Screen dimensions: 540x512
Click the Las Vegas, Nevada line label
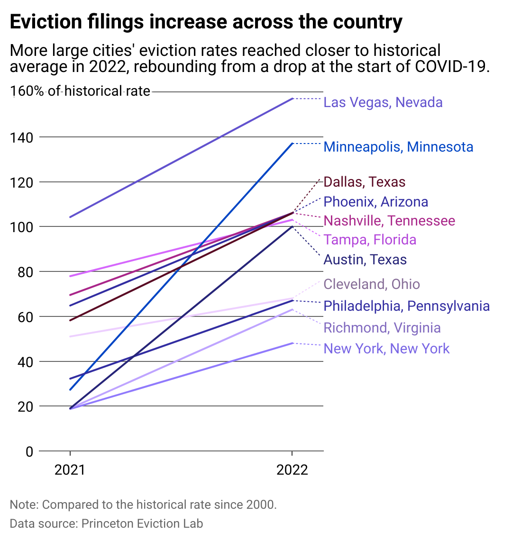[383, 102]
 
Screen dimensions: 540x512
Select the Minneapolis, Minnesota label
[398, 147]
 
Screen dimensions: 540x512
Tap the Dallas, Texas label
[364, 182]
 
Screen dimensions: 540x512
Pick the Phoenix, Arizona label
[375, 202]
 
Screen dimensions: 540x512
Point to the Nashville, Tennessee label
[389, 221]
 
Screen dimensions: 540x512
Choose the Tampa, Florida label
[370, 240]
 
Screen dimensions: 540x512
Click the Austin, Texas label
[365, 260]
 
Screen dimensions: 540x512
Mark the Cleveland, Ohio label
[372, 284]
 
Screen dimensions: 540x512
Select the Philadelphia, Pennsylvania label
[406, 306]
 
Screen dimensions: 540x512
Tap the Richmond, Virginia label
[382, 328]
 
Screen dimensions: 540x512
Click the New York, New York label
[386, 349]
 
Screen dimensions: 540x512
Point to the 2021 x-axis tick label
[70, 470]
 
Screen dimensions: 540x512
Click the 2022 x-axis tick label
[292, 470]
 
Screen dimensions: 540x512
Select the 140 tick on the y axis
[23, 137]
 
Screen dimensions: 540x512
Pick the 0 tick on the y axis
[29, 451]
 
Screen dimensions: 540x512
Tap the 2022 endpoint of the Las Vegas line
[293, 99]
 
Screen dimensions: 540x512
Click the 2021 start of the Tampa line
[70, 276]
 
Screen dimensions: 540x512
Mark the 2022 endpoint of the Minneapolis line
[293, 144]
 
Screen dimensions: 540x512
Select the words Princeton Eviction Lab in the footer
[142, 523]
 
